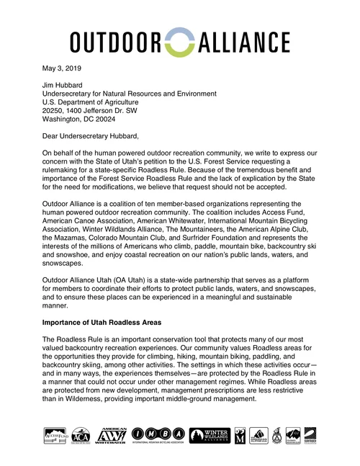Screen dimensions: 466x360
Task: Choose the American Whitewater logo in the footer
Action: (x=109, y=435)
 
